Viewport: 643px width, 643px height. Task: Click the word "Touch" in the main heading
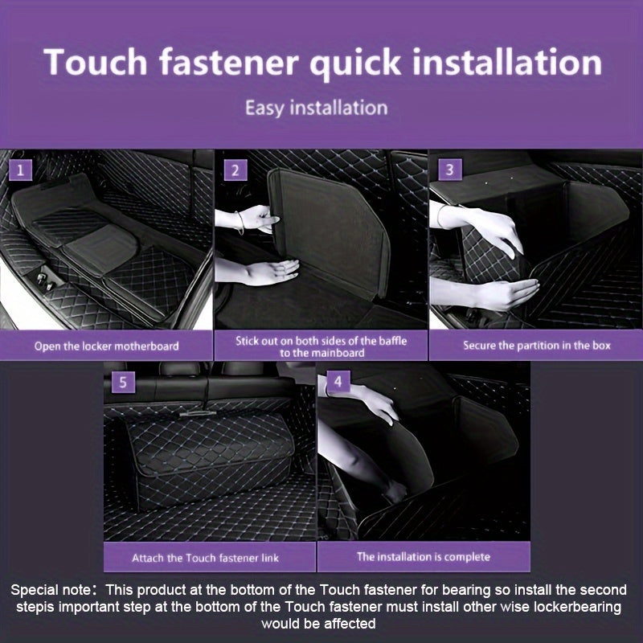(x=97, y=63)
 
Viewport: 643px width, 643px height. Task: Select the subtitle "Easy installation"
(x=316, y=107)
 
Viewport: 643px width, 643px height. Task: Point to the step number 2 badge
(x=235, y=170)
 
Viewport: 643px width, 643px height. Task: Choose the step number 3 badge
(x=449, y=170)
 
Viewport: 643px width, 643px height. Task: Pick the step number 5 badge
(x=123, y=383)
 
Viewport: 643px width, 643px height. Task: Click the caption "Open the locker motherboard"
(x=106, y=346)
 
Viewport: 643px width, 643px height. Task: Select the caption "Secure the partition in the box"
(x=537, y=346)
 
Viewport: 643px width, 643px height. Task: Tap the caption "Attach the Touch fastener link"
(x=211, y=557)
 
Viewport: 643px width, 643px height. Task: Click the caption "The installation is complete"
(x=424, y=556)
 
